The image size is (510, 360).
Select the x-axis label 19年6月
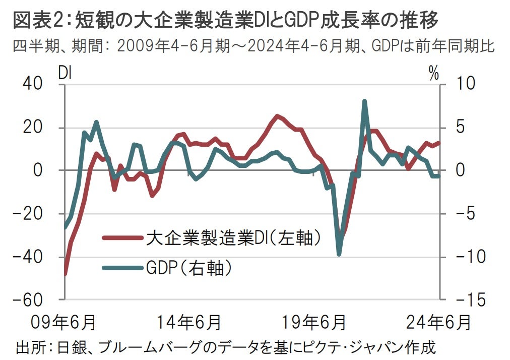(315, 321)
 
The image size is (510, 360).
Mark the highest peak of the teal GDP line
(364, 101)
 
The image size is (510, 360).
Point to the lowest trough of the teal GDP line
(339, 254)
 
